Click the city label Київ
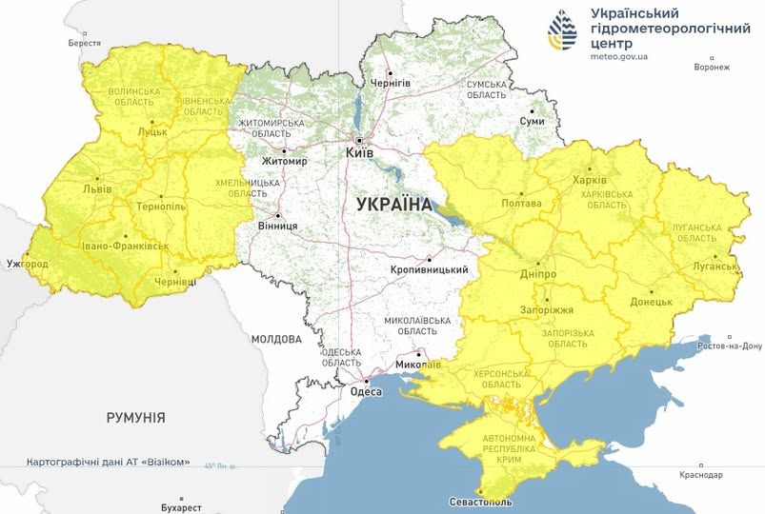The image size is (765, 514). pos(358,152)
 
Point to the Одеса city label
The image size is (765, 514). pos(366,392)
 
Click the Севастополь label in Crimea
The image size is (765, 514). pos(481,502)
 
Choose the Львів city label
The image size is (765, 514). pos(98,188)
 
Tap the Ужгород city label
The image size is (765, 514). pos(27,262)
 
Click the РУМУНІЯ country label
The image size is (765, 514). pos(136,418)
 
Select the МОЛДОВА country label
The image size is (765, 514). pos(276,339)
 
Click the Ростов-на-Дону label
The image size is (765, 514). pos(732,345)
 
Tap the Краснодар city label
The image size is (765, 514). pos(702,474)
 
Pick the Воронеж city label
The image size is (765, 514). pos(712,68)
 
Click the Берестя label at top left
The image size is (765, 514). pos(84,44)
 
